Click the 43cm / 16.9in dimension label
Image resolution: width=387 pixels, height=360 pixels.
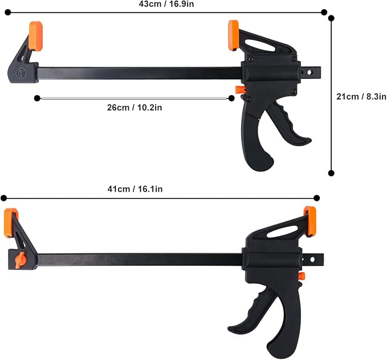(x=166, y=4)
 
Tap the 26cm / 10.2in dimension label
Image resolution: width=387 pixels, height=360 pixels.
(x=135, y=107)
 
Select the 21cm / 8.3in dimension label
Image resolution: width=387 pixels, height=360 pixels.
(x=361, y=96)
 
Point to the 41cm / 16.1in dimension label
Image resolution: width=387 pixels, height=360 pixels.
(x=135, y=189)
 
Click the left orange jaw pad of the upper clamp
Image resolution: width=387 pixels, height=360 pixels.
(x=35, y=36)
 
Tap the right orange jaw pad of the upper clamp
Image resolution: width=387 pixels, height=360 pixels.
(x=233, y=35)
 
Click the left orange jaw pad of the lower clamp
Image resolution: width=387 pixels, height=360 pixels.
(x=11, y=223)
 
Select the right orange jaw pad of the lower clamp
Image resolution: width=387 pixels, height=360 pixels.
(x=310, y=221)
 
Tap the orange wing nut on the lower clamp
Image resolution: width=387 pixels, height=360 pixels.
(x=19, y=260)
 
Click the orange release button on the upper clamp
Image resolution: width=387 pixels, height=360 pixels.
(x=239, y=90)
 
